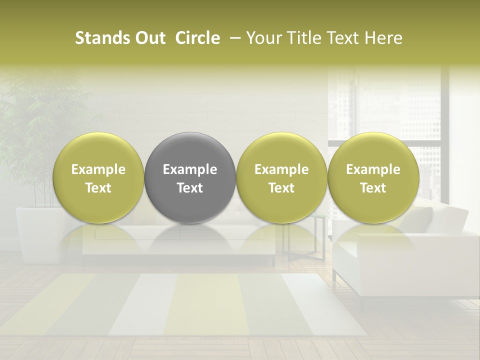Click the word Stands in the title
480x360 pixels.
coord(98,38)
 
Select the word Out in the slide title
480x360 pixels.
coord(149,38)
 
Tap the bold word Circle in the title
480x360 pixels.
coord(197,38)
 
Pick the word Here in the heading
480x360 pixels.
coord(384,38)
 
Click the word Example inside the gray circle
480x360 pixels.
coord(190,169)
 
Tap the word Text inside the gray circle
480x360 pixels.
coord(190,188)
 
